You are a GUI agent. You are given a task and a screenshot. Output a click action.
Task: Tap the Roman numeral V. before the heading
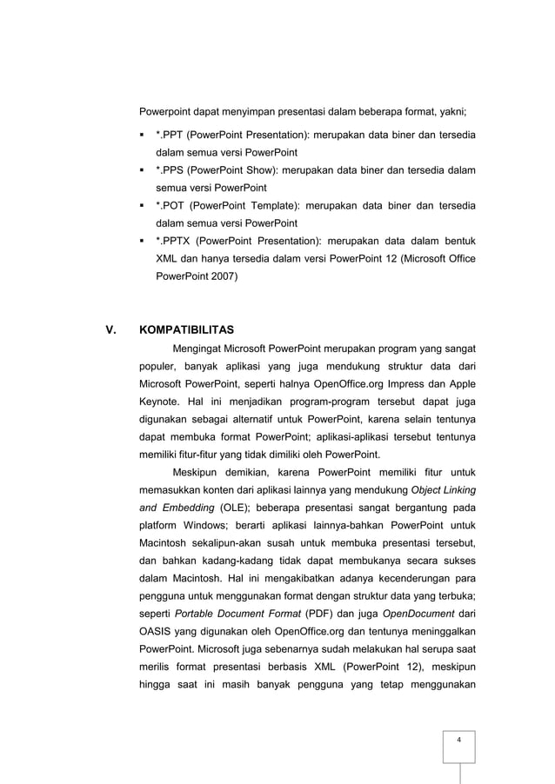click(x=110, y=330)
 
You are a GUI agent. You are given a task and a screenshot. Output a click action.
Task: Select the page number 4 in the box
click(x=458, y=739)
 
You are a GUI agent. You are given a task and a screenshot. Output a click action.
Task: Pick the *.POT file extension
click(x=168, y=205)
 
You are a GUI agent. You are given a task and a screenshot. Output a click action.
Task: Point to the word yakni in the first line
click(x=451, y=112)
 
